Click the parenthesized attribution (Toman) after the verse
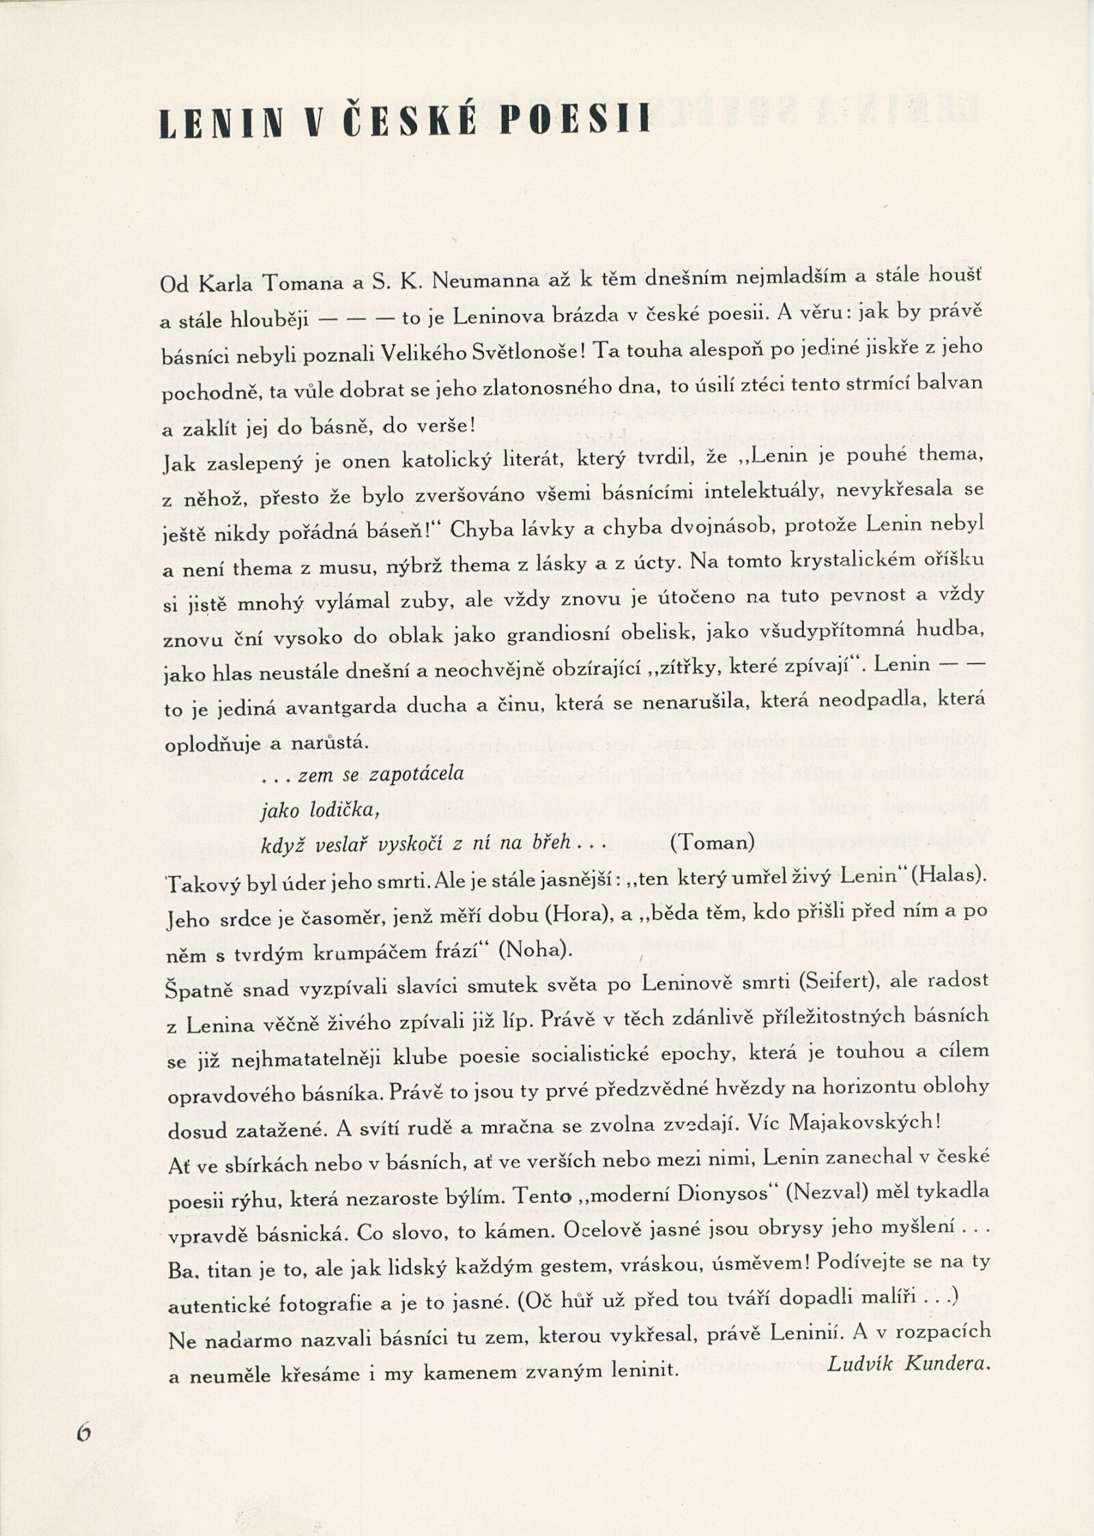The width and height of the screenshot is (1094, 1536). (x=712, y=842)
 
